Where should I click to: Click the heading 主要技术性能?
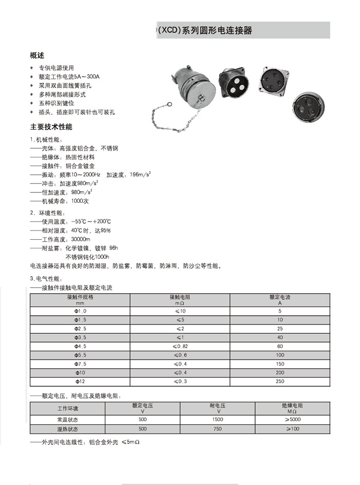click(51, 127)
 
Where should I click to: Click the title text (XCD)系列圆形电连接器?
click(206, 30)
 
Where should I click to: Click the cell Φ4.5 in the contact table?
click(80, 346)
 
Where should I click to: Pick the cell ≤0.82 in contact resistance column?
click(179, 346)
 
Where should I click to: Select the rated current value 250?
click(280, 382)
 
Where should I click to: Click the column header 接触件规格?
click(80, 297)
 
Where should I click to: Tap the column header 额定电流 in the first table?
click(280, 297)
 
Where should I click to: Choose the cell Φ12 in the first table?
click(80, 382)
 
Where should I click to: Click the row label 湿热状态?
click(68, 429)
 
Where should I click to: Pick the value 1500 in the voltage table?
click(218, 420)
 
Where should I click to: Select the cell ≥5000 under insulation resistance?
click(292, 420)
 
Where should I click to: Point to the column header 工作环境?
click(68, 408)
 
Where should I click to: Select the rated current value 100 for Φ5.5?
click(280, 355)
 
